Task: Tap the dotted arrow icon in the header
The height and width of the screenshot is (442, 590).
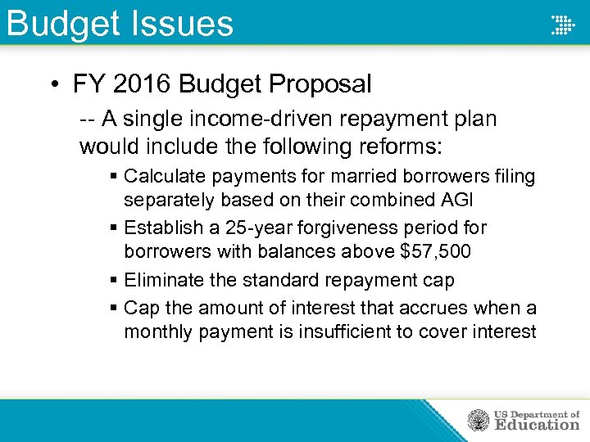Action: tap(562, 25)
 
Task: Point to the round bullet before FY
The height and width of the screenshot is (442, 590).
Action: tap(52, 84)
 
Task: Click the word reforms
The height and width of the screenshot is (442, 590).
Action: tap(396, 147)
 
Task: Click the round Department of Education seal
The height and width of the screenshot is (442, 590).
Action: tap(478, 421)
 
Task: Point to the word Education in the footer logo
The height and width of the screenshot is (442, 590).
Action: tap(536, 425)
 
